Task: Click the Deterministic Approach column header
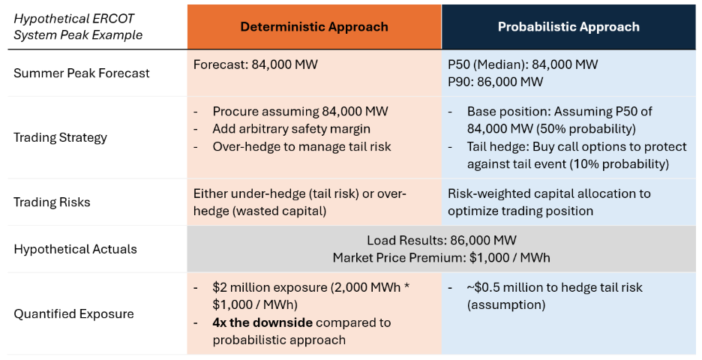pos(314,27)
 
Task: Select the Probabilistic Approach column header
pos(568,27)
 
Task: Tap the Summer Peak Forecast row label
pos(82,73)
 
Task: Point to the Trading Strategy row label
pos(60,137)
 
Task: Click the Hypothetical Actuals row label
pos(75,249)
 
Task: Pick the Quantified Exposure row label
pos(73,313)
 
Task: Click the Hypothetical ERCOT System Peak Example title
pos(78,26)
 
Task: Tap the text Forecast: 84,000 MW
pos(255,64)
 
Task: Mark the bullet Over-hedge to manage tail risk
pos(301,146)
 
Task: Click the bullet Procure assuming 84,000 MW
pos(300,112)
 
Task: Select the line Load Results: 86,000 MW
pos(441,241)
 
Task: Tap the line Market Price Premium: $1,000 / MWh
pos(441,257)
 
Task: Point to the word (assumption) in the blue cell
pos(506,304)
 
